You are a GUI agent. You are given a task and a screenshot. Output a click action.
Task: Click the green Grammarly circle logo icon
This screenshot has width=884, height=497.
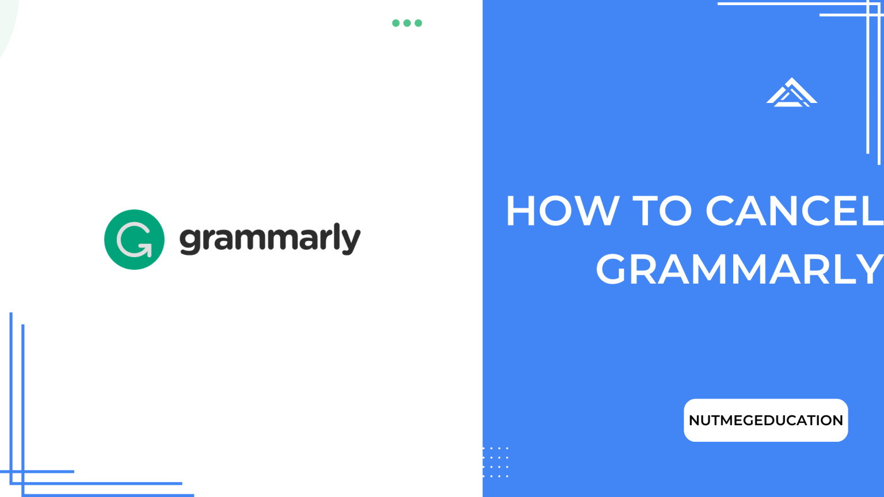point(134,239)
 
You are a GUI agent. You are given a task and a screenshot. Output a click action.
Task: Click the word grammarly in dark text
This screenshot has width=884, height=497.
point(270,239)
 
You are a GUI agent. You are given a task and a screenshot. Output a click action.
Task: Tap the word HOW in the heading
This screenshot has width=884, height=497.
point(562,211)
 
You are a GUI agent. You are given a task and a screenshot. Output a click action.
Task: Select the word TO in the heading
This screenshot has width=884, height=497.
point(662,211)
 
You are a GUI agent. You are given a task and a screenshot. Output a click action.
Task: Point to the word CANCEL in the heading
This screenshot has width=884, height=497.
point(794,211)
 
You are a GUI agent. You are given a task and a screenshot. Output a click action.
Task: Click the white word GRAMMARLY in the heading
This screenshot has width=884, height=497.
point(739,269)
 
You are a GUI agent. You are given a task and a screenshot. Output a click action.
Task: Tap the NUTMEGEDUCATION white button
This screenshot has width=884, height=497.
point(765,420)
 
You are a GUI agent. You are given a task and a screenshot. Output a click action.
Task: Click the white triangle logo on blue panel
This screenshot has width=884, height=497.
point(791,93)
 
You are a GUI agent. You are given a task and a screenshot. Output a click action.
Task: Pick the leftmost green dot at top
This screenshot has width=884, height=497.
point(396,23)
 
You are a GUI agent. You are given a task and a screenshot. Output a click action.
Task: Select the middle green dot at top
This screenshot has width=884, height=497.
point(407,23)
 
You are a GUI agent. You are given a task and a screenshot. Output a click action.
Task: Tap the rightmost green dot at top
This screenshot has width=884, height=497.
point(418,23)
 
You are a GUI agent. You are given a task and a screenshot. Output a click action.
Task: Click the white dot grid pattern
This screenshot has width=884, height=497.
point(496,462)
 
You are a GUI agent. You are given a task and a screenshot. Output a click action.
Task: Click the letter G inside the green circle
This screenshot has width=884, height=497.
point(134,240)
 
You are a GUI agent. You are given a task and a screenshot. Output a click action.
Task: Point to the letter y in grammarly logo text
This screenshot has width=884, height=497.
point(352,241)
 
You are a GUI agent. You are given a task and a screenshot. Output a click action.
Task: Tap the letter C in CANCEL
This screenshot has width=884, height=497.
point(723,211)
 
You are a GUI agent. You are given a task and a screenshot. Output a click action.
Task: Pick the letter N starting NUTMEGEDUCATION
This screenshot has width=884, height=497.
point(695,420)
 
